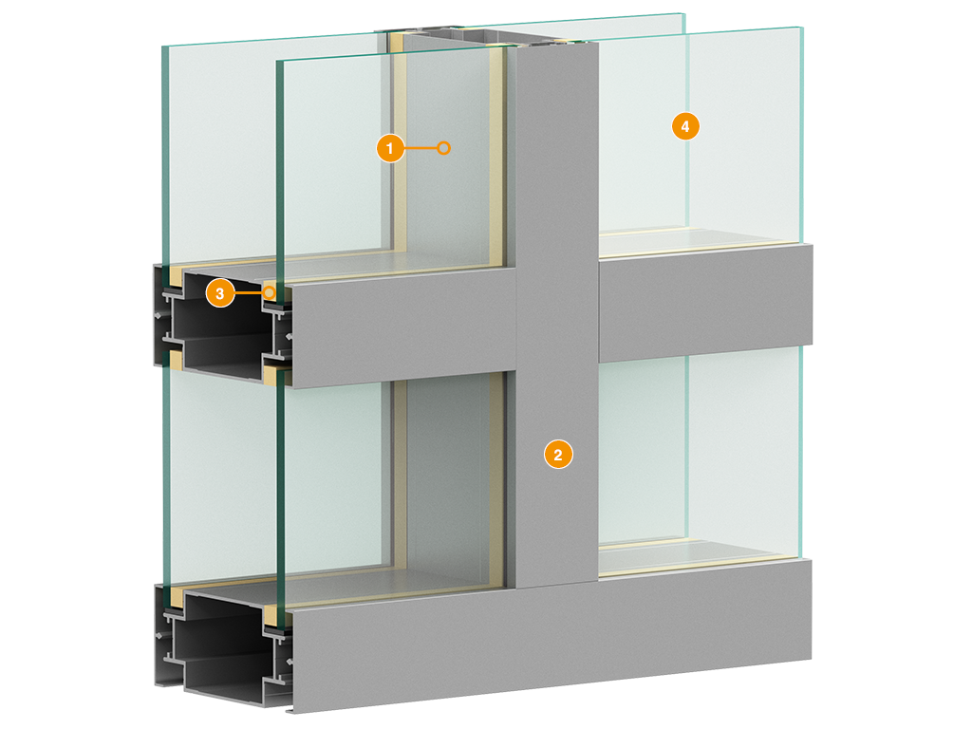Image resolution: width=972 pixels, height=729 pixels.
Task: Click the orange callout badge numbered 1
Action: tap(390, 148)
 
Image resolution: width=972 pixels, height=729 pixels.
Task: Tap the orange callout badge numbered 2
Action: tap(558, 455)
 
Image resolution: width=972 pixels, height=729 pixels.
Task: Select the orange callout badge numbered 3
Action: tap(220, 293)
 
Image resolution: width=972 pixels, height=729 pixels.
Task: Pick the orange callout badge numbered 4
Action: tap(685, 126)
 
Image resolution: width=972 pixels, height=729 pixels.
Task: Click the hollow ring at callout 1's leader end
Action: tap(443, 148)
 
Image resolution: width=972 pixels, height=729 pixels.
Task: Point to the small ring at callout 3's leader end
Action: tap(269, 292)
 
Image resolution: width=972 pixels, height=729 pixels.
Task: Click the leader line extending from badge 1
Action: tap(421, 148)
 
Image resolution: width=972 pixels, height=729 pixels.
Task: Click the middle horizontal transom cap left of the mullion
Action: tap(402, 327)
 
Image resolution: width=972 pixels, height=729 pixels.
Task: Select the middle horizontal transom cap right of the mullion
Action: tap(705, 304)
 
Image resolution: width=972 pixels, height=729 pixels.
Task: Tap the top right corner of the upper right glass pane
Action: tap(803, 28)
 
